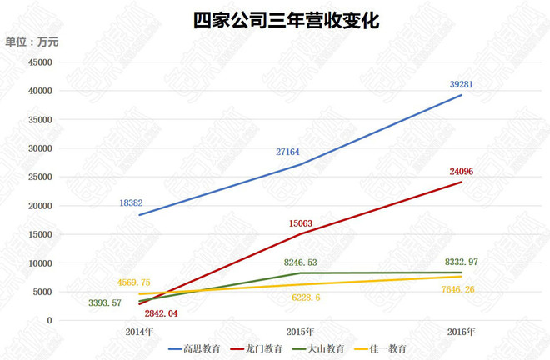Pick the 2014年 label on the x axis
coord(138,332)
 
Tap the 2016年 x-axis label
coord(461,332)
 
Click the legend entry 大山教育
coord(327,348)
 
